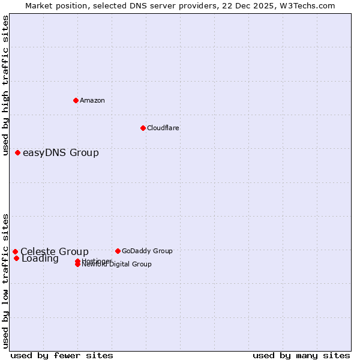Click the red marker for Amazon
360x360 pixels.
76,100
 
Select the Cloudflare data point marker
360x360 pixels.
143,128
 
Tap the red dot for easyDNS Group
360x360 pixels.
18,153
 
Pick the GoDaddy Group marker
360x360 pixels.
118,251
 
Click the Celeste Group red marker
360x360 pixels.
15,252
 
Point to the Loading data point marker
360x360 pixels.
16,259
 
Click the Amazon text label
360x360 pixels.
92,100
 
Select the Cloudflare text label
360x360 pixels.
163,128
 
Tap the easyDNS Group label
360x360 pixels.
61,153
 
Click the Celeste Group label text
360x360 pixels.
54,252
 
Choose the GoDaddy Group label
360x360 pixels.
146,251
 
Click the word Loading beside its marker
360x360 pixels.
40,259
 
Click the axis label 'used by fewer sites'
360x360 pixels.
62,355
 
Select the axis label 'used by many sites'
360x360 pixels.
301,355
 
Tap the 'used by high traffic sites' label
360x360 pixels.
6,85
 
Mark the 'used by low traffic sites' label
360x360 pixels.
6,280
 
